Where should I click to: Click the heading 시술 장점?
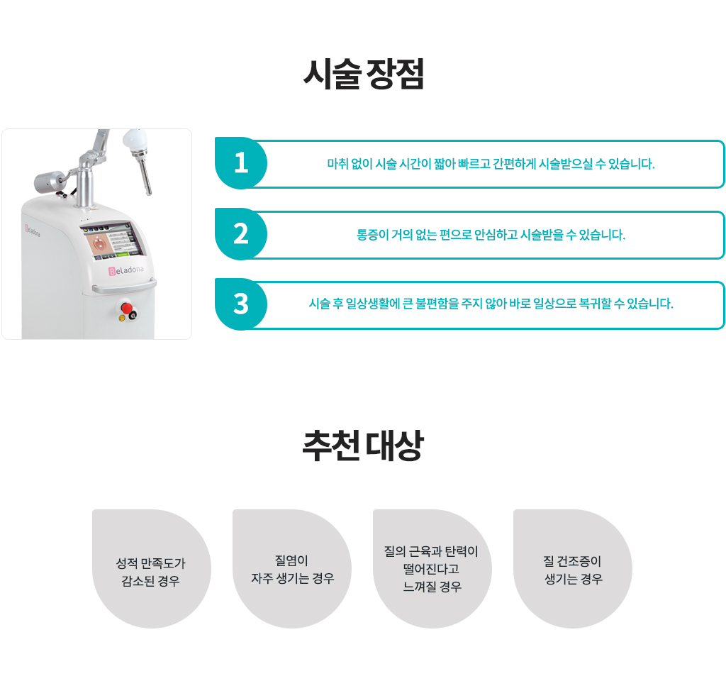(x=364, y=74)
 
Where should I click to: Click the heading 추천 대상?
(x=363, y=445)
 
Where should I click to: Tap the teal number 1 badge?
(x=241, y=163)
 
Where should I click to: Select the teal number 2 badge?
(x=241, y=234)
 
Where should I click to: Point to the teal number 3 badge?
(x=241, y=304)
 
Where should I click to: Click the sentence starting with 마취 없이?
(x=491, y=164)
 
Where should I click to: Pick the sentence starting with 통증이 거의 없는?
(x=491, y=235)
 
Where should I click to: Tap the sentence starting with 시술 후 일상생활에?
(x=491, y=304)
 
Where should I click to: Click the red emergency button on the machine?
(x=126, y=308)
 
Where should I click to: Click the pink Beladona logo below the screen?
(x=126, y=270)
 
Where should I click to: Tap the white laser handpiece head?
(x=135, y=140)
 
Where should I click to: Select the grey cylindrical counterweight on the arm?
(x=49, y=181)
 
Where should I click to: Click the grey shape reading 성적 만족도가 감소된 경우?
(x=152, y=569)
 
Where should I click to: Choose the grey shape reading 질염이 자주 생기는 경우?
(x=291, y=569)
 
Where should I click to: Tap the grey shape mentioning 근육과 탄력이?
(x=432, y=569)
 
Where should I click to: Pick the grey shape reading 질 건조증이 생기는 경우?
(x=573, y=569)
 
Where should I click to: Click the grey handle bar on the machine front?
(x=124, y=287)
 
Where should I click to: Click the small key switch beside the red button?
(x=133, y=316)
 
